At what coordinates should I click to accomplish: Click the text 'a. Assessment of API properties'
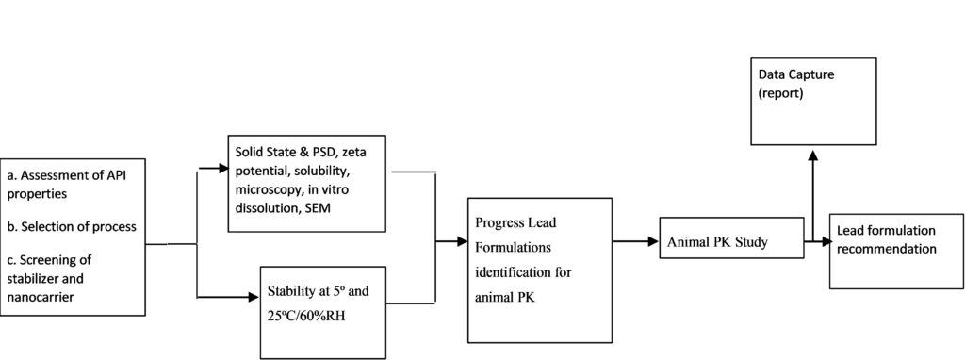66,184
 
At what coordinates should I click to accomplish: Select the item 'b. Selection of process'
71,226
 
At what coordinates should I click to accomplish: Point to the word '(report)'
781,93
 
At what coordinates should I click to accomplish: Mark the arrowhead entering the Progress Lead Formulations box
461,241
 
